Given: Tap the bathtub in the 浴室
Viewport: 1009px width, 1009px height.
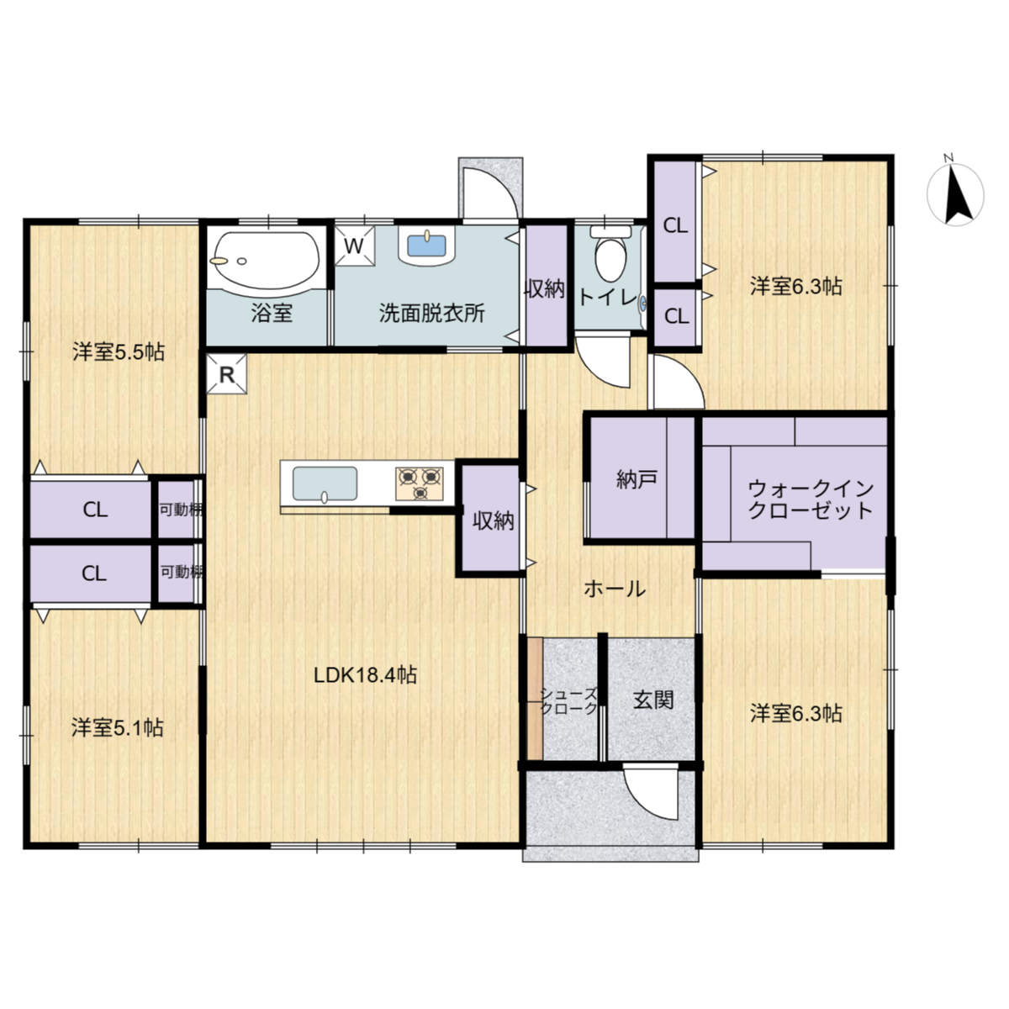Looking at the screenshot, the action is point(265,260).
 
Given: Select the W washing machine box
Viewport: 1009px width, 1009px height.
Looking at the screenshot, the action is point(355,246).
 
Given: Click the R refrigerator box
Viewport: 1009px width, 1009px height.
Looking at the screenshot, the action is point(226,374).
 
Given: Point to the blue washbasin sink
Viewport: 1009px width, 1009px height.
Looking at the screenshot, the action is point(427,246).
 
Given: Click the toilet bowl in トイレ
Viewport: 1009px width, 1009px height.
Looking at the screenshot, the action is point(610,256).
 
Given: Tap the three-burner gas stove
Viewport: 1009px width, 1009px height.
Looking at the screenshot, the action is point(420,483).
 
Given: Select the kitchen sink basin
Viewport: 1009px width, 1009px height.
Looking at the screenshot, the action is point(325,483).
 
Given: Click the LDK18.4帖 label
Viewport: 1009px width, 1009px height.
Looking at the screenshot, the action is point(365,675).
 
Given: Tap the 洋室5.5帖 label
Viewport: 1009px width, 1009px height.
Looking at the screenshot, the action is point(119,351).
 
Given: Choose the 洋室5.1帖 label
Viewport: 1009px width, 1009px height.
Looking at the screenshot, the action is point(117,728).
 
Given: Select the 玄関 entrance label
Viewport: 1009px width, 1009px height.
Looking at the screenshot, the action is point(653,700).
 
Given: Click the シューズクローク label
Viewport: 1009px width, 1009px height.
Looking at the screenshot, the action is point(568,701).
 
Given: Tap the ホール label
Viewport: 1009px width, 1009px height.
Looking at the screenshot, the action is point(615,589).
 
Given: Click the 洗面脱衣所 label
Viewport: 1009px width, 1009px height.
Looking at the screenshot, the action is point(432,313).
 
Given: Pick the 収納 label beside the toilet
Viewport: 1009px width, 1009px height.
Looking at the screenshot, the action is point(545,288).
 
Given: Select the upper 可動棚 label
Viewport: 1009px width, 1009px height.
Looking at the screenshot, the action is point(181,510).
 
